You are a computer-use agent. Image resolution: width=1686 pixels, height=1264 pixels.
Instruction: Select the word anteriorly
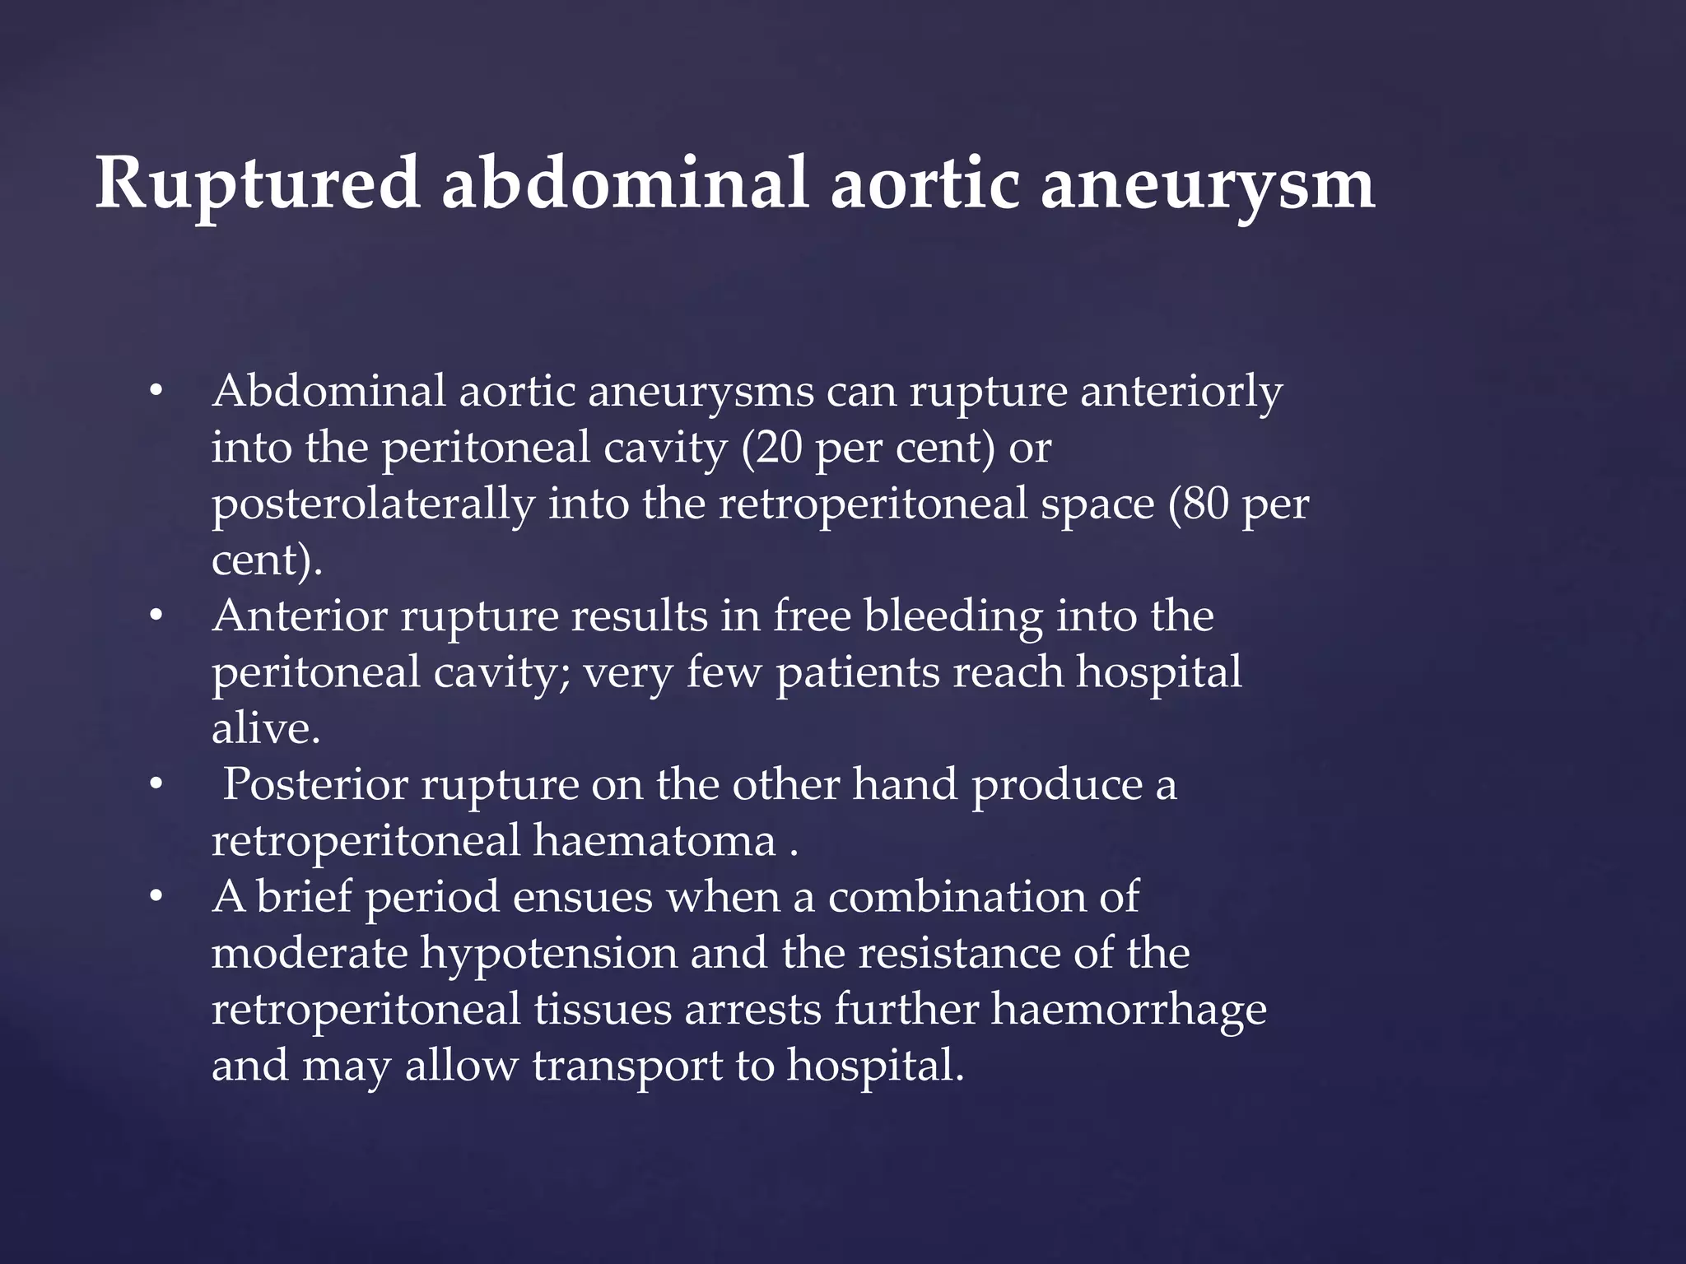[1181, 391]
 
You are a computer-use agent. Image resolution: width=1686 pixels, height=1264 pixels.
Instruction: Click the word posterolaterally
[373, 504]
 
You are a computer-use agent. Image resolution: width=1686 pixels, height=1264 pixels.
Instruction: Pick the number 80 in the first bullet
[1204, 504]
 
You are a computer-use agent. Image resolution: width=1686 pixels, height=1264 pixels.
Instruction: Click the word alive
[265, 728]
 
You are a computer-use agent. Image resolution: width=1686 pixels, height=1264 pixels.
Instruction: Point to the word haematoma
[654, 841]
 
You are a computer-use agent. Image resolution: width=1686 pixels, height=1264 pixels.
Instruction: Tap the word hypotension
[549, 954]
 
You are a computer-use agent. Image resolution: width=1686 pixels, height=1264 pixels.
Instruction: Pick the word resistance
[958, 954]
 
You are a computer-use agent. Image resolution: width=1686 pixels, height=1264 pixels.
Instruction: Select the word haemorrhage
[1128, 1010]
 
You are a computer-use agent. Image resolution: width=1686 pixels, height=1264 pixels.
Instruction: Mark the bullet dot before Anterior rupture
[156, 616]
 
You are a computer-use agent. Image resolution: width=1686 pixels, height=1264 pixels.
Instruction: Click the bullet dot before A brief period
[156, 897]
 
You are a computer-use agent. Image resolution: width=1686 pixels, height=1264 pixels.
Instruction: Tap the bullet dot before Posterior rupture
[156, 784]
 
